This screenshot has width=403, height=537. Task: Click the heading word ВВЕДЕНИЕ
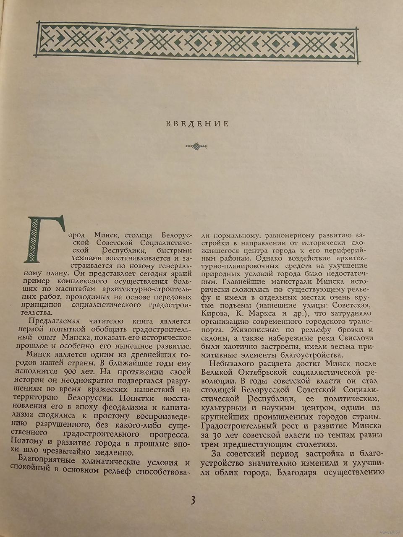coord(197,124)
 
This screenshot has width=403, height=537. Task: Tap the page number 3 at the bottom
coord(193,500)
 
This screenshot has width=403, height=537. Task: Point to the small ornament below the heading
coord(197,146)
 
